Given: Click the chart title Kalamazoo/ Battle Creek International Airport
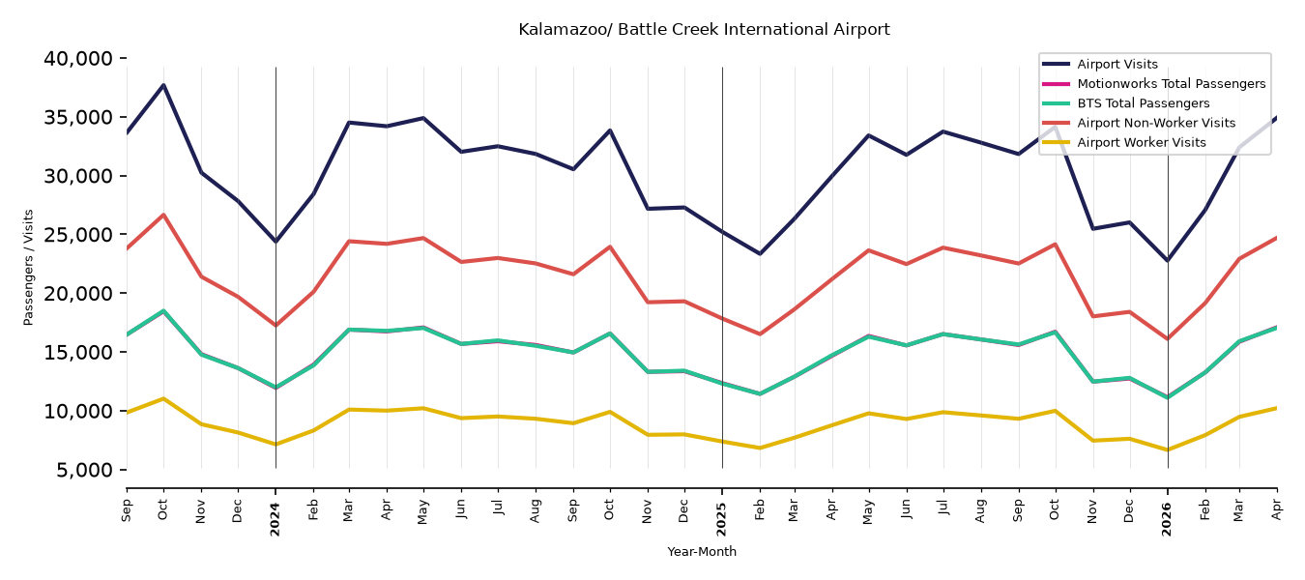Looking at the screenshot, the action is (x=704, y=29).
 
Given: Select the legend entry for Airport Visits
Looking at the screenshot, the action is (x=1116, y=64).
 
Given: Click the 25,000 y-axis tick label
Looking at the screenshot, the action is (x=78, y=235).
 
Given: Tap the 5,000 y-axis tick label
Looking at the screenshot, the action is (x=84, y=470).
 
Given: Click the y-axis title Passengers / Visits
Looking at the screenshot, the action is (x=29, y=268).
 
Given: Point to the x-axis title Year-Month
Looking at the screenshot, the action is (x=702, y=551).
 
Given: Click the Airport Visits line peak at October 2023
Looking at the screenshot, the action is (x=163, y=85).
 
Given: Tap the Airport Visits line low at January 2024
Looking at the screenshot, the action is (x=275, y=242).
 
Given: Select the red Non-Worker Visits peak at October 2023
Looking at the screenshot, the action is (x=163, y=215).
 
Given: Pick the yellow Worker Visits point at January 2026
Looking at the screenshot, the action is (x=1168, y=450).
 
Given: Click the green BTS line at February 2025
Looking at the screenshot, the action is (x=760, y=394).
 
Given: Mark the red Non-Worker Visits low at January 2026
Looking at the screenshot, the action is (x=1168, y=339).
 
